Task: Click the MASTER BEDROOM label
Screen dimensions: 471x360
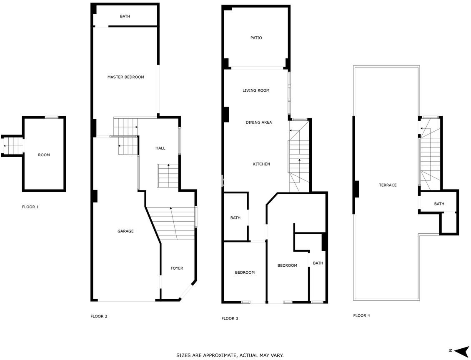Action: (125, 77)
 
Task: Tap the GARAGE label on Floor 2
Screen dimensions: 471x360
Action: (125, 231)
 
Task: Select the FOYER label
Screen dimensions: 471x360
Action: (177, 268)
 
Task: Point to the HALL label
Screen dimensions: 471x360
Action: (160, 148)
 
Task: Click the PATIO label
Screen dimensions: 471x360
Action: (256, 38)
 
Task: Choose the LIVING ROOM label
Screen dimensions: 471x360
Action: (256, 90)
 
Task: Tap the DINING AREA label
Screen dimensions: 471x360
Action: (258, 122)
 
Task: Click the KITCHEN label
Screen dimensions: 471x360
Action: (261, 164)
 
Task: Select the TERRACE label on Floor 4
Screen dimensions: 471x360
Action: (388, 185)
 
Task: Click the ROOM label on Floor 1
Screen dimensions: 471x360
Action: (44, 155)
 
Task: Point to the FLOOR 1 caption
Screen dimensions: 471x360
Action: (30, 207)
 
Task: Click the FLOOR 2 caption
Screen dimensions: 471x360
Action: (99, 316)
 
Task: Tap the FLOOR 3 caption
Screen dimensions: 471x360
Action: (230, 318)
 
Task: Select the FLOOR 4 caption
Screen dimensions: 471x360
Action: (362, 315)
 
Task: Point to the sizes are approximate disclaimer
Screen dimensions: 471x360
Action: (230, 355)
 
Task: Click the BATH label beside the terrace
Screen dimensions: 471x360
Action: (439, 204)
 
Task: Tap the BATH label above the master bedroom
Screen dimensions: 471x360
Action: (125, 17)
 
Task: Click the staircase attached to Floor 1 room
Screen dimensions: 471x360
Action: (13, 146)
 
